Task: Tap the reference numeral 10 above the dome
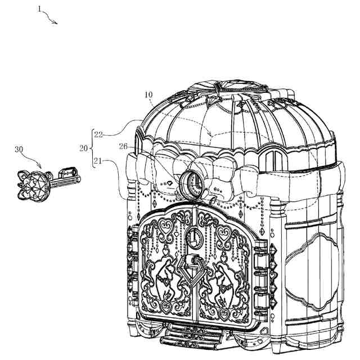(x=149, y=95)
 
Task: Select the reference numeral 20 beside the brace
(x=83, y=148)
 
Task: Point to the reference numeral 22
(x=98, y=134)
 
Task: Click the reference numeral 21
(x=98, y=162)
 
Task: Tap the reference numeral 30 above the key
(x=20, y=150)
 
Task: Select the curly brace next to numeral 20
(x=91, y=148)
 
